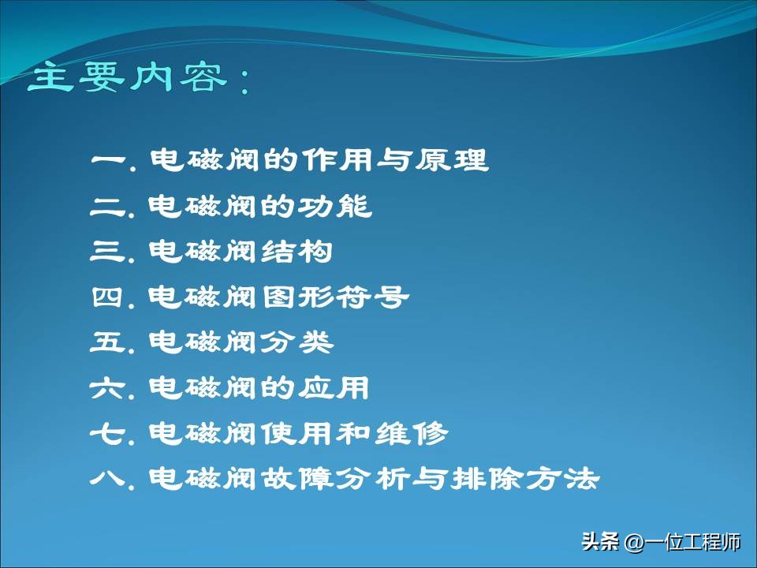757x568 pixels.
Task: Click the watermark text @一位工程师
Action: [x=683, y=543]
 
